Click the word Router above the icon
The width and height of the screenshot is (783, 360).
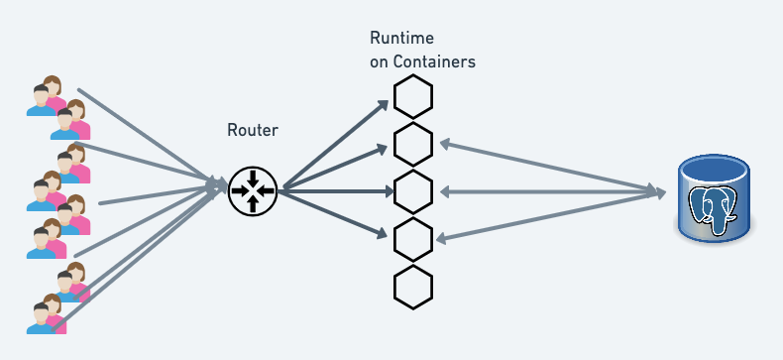coord(253,130)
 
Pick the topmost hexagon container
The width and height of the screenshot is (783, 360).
coord(413,98)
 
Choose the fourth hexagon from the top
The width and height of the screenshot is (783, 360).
coord(413,238)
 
